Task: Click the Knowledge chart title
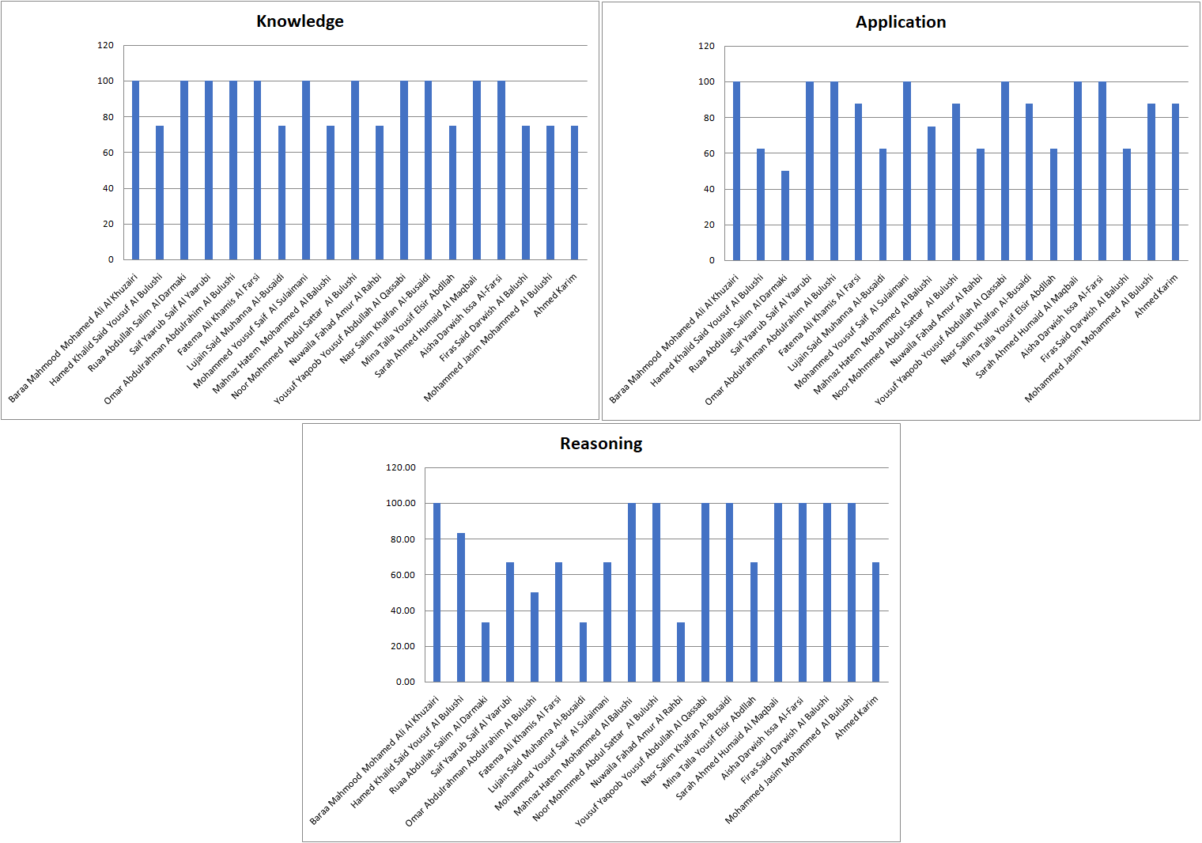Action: [x=300, y=21]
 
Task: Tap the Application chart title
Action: [x=901, y=22]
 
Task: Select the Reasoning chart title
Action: [x=601, y=444]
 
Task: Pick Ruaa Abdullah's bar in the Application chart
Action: [x=784, y=215]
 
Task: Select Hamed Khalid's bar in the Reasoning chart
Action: [x=461, y=607]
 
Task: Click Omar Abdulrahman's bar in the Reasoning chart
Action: [x=535, y=637]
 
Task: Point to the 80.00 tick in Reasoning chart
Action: [x=403, y=539]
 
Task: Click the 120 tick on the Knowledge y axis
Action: [x=105, y=45]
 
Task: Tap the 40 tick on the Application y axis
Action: [x=706, y=189]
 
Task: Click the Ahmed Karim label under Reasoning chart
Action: [x=856, y=717]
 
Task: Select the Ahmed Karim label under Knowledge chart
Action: [x=555, y=295]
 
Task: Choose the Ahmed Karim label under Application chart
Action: [x=1156, y=296]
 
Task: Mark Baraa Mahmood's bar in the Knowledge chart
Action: [x=135, y=170]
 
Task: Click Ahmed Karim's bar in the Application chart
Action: [x=1175, y=182]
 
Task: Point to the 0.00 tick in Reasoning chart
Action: [x=405, y=682]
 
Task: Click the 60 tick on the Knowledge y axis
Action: [x=108, y=153]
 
